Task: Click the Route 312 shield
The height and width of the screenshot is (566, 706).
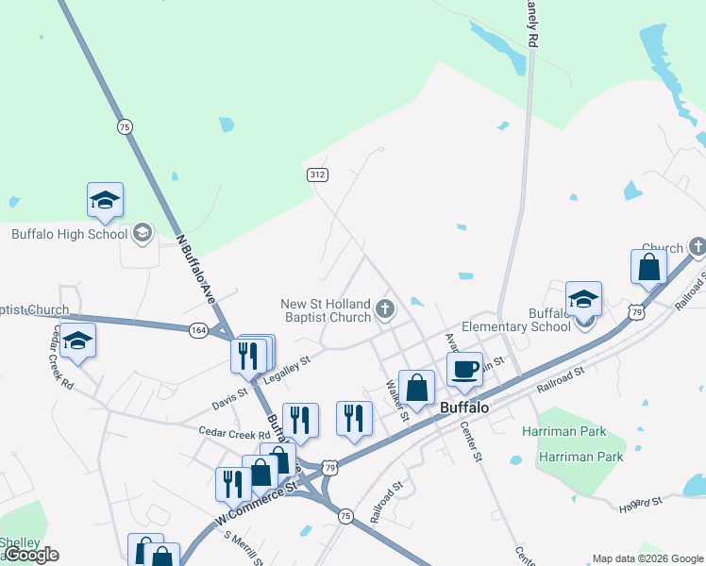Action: tap(317, 175)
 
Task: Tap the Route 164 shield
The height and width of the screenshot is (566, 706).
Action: tap(198, 330)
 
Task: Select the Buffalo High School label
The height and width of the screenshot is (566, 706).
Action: tap(69, 234)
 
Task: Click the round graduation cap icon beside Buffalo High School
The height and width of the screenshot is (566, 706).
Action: tap(143, 232)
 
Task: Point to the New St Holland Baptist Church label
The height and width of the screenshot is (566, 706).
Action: tap(327, 310)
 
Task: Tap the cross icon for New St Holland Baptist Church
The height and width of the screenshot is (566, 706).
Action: tap(384, 308)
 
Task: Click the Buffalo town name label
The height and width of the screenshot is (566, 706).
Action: tap(464, 408)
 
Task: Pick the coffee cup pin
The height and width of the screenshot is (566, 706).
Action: tap(463, 370)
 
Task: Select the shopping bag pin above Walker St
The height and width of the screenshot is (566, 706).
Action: tap(416, 388)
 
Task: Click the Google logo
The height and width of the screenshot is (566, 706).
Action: tap(30, 555)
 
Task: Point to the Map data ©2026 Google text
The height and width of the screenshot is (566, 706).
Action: tap(647, 558)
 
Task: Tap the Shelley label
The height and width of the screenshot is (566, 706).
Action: tap(19, 542)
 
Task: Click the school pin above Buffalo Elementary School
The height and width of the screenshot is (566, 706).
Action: tap(583, 300)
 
